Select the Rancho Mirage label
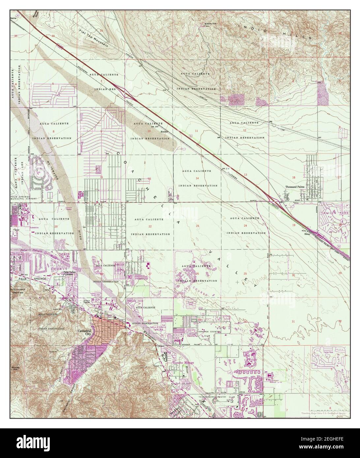click(x=183, y=362)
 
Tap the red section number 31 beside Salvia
click(x=15, y=35)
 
